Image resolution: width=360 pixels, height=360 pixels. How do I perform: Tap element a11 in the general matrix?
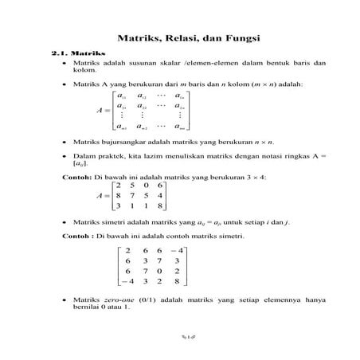(x=121, y=95)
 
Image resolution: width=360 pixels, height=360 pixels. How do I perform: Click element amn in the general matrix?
(x=182, y=126)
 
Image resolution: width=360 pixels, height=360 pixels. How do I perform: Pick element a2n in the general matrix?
(x=182, y=105)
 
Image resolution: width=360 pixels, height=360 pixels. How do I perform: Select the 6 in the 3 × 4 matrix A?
(x=160, y=185)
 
